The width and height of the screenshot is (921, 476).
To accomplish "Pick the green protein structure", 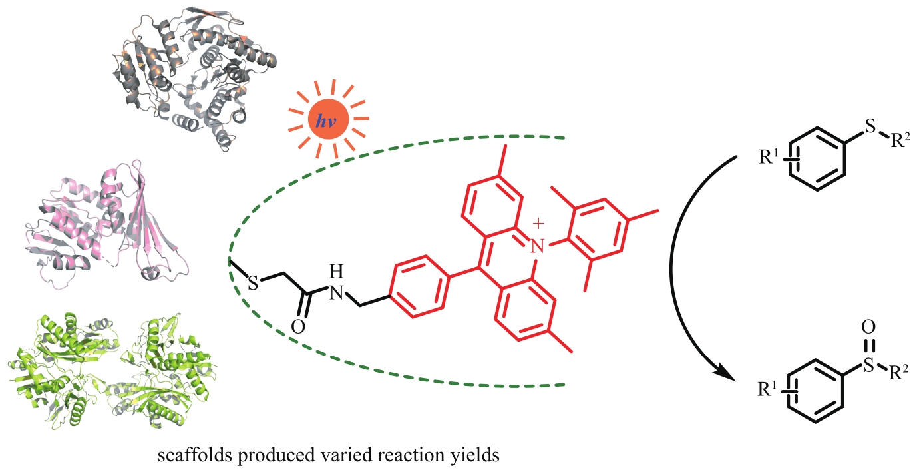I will [126, 373].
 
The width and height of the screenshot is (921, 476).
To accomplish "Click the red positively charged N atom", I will [538, 247].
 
